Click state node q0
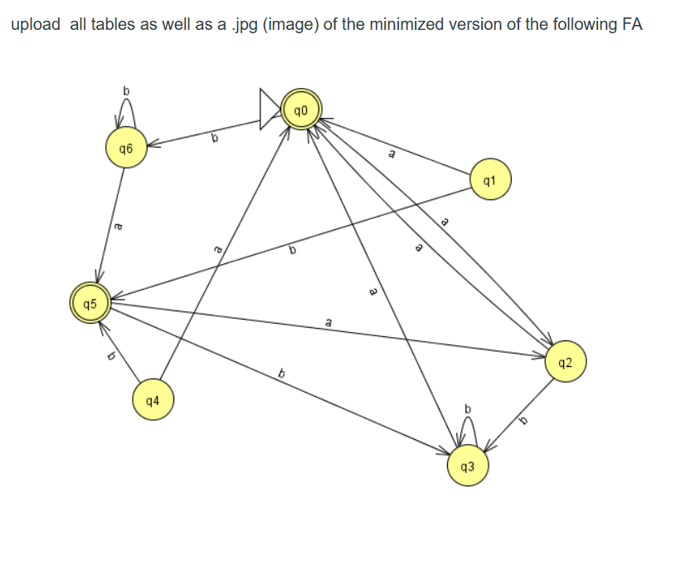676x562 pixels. [x=300, y=111]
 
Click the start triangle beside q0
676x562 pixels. [x=269, y=110]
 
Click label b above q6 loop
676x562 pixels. [x=126, y=89]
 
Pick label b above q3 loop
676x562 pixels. [x=468, y=408]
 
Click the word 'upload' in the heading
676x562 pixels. [x=36, y=24]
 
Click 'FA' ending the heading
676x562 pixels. [x=632, y=24]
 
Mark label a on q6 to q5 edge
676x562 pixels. [x=117, y=224]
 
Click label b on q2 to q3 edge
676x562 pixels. [x=523, y=421]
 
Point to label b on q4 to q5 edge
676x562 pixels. [x=109, y=357]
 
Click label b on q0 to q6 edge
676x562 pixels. [x=213, y=138]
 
